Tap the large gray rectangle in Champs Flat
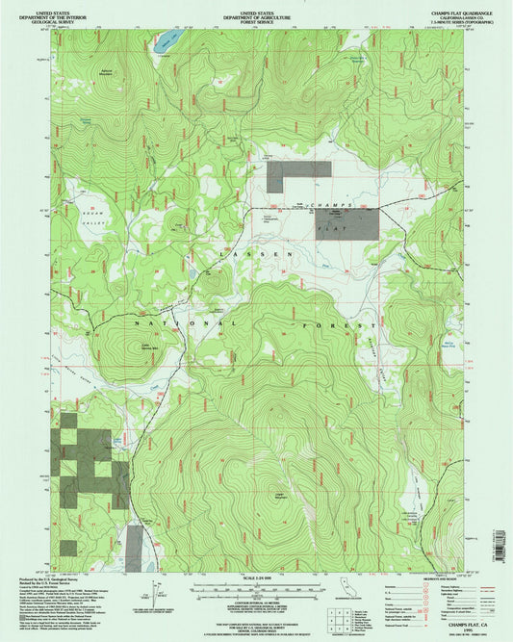click(x=346, y=223)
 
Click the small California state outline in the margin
click(x=346, y=584)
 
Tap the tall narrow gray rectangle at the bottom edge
click(x=136, y=547)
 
